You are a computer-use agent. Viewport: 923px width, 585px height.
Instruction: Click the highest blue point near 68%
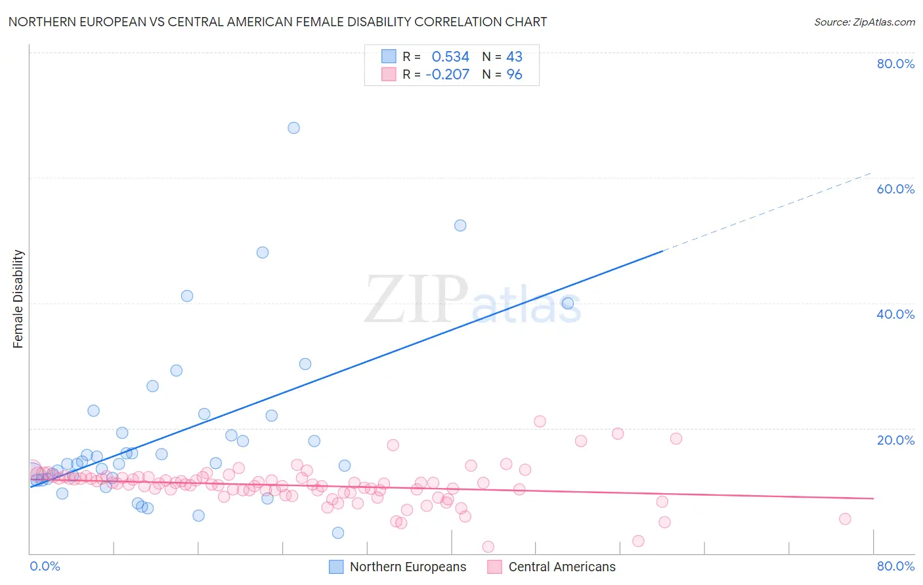pos(293,128)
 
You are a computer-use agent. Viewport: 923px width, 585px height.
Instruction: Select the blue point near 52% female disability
pos(460,226)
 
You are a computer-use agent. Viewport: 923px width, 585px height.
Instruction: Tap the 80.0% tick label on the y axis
pos(895,64)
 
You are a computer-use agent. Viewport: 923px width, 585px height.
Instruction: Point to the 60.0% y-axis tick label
pos(895,189)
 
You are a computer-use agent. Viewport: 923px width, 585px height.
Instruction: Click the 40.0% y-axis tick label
pos(895,314)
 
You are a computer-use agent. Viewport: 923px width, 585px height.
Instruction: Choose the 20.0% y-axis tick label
pos(895,440)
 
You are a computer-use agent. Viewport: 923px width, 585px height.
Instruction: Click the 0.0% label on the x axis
pos(45,566)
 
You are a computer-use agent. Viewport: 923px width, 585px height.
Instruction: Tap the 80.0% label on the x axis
pos(895,566)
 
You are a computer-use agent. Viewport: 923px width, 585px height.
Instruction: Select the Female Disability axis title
pos(18,299)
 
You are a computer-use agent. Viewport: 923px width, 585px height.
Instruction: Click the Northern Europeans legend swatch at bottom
pos(336,567)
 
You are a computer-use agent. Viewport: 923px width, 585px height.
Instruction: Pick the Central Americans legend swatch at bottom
pos(494,567)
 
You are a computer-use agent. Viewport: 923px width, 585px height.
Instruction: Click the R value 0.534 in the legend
pos(450,57)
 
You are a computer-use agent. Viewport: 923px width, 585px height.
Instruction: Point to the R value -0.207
pos(447,75)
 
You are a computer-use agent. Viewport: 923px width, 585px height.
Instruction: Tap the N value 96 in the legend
pos(514,75)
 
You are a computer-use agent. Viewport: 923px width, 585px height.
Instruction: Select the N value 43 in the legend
pos(514,57)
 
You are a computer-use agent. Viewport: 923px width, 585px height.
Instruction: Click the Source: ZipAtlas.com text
pos(864,22)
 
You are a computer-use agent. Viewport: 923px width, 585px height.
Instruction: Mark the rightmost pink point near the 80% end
pos(845,519)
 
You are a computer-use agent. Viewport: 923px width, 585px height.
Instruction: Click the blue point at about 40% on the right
pos(568,303)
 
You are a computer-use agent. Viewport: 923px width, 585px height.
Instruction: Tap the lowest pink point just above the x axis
pos(488,547)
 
